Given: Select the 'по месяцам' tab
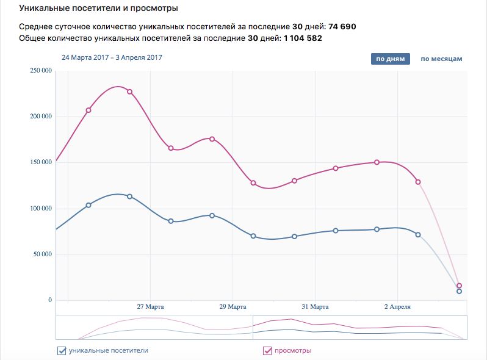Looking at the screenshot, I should pos(441,59).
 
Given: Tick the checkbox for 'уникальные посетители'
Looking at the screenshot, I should pos(61,350).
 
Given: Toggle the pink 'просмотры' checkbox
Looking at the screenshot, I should pos(267,350).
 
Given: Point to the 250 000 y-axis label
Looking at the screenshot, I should pos(40,71).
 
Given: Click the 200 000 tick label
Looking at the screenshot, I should pos(40,117).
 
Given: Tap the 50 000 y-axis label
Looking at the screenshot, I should pos(41,254).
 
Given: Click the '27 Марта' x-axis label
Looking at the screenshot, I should pos(150,306).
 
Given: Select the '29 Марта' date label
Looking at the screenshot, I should pos(233,306).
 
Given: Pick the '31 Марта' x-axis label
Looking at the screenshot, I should pos(315,306).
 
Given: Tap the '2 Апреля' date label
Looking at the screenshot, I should pos(397,306).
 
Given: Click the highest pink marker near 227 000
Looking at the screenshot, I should pos(129,92).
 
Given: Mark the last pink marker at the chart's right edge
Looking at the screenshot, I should pos(459,286).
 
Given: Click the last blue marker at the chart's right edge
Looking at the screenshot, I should pos(459,292).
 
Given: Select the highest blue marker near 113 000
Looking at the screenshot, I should pos(129,196).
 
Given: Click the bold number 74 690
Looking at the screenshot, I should pos(342,27).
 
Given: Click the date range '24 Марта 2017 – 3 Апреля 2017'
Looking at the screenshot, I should pos(112,58).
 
